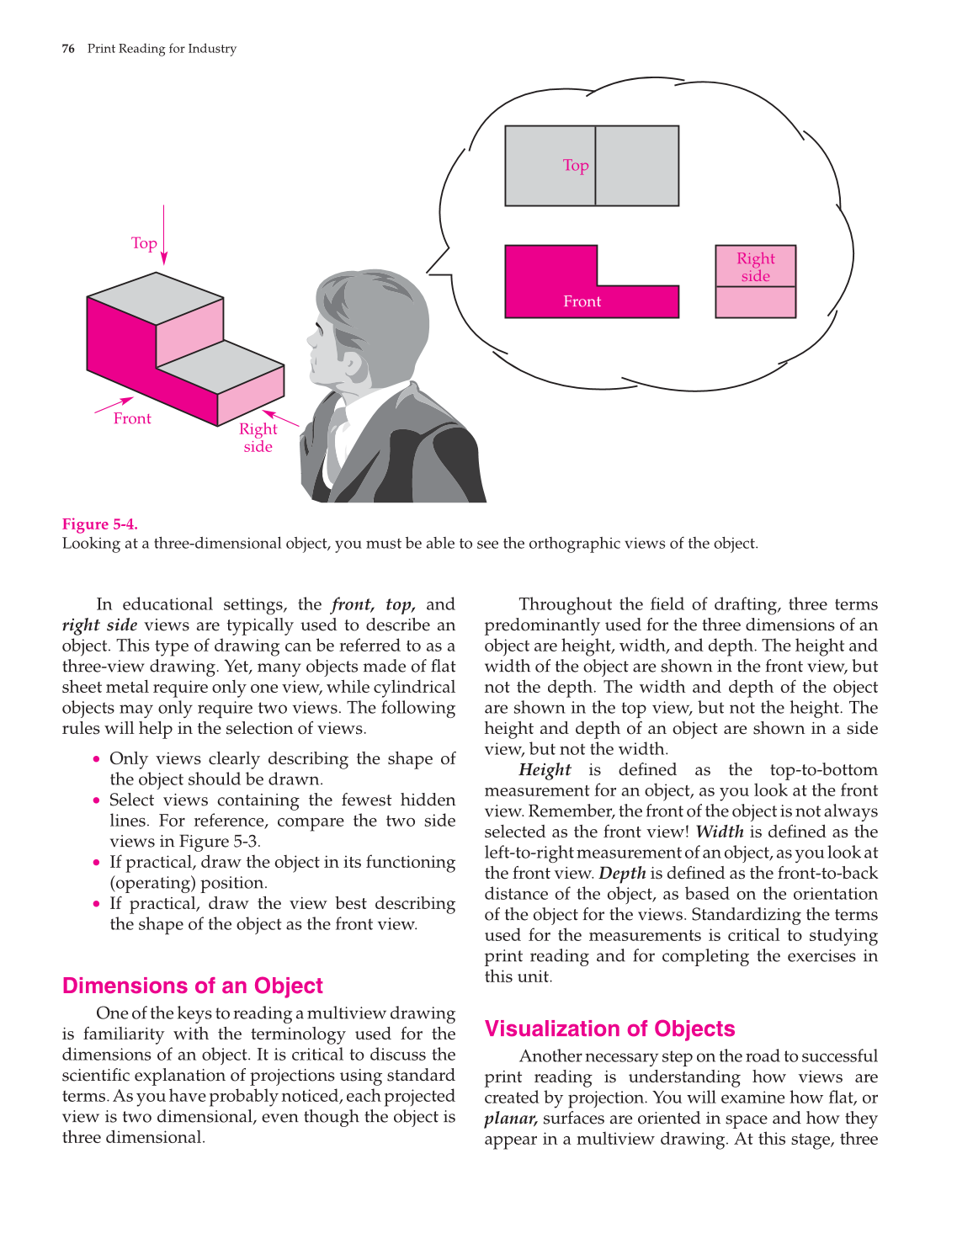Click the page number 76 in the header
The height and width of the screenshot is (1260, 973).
coord(68,49)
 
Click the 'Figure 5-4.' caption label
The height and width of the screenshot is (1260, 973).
coord(99,524)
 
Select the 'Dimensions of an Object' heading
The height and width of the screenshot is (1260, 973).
coord(192,986)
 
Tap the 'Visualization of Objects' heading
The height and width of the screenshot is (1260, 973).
coord(609,1029)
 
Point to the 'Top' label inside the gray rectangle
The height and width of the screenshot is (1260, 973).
coord(576,166)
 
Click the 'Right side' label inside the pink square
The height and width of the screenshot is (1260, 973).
coord(755,267)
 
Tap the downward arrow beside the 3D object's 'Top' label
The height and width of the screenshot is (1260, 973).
coord(164,236)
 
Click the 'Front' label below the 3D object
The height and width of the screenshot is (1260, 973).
coord(132,418)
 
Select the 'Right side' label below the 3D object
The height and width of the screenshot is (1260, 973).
coord(258,438)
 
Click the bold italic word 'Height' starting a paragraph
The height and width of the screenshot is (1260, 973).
coord(545,770)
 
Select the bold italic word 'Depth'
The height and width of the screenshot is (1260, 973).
coord(622,874)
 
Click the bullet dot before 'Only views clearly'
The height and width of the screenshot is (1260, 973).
coord(98,759)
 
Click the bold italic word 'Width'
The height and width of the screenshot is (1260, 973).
coord(719,832)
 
